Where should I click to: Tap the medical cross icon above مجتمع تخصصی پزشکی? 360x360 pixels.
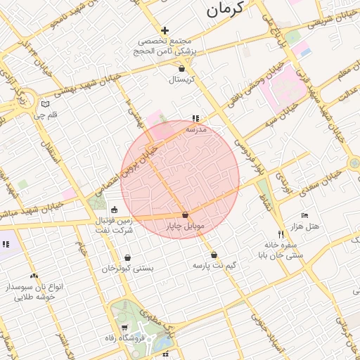[x=165, y=30]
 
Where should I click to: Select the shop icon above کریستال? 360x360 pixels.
[x=183, y=69]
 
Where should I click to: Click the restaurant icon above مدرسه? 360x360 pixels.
[x=195, y=119]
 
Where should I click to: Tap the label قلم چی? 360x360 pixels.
[x=51, y=114]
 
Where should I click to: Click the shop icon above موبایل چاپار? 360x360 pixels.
[x=185, y=215]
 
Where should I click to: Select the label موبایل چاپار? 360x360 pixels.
[x=185, y=226]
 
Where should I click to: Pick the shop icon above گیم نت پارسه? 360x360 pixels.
[x=214, y=255]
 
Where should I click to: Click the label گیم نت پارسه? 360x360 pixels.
[x=214, y=266]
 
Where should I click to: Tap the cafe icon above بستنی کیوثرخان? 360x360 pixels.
[x=127, y=257]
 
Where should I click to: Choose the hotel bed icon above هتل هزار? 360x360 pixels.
[x=304, y=214]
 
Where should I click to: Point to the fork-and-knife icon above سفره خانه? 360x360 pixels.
[x=281, y=234]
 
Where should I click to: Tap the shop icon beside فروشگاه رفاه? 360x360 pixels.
[x=124, y=328]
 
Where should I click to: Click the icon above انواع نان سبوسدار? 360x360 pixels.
[x=34, y=276]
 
